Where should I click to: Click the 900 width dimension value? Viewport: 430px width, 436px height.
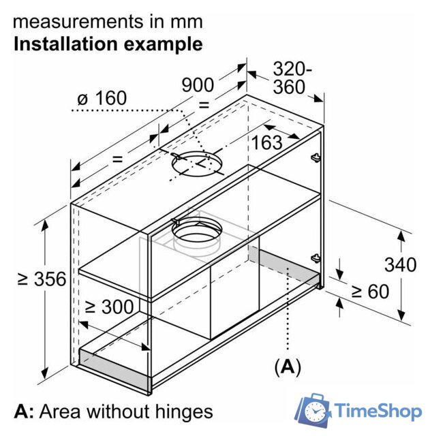tap(198, 85)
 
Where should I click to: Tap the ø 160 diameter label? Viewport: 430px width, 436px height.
tap(102, 98)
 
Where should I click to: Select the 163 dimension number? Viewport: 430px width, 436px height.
tap(266, 142)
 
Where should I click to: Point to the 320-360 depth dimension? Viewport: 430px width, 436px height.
tap(292, 78)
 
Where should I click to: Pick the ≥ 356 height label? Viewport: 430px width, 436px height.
tap(42, 279)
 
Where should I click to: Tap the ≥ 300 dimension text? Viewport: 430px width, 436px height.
tap(109, 307)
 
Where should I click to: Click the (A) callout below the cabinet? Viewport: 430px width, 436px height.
tap(287, 368)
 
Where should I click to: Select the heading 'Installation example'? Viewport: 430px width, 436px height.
tap(108, 44)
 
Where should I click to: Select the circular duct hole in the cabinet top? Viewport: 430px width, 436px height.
tap(195, 163)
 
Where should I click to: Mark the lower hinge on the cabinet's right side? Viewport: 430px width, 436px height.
tap(316, 258)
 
